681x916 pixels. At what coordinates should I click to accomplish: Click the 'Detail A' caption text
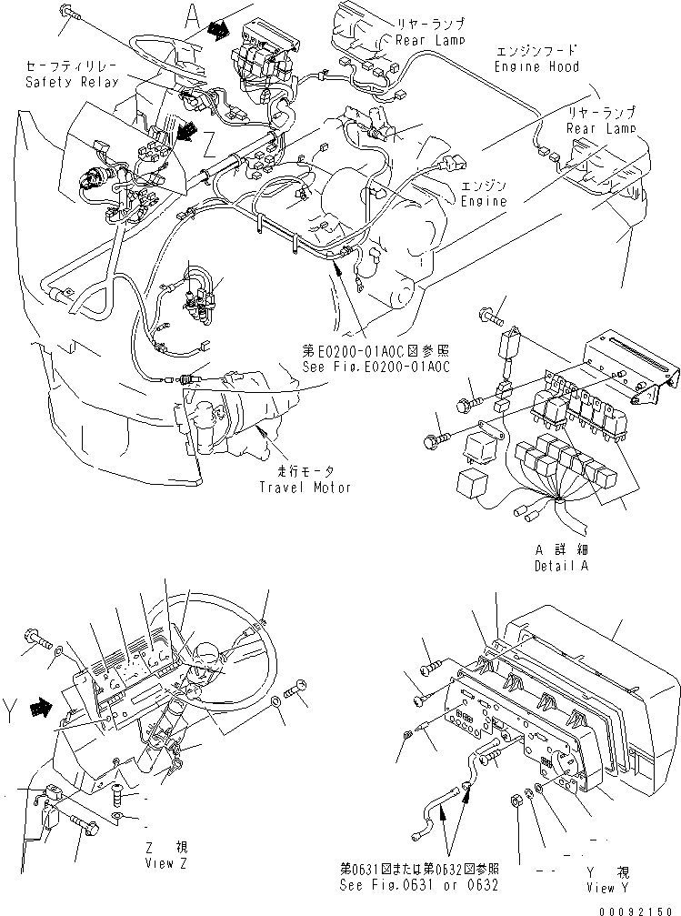[x=561, y=566]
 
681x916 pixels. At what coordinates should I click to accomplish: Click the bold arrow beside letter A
[x=218, y=31]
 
